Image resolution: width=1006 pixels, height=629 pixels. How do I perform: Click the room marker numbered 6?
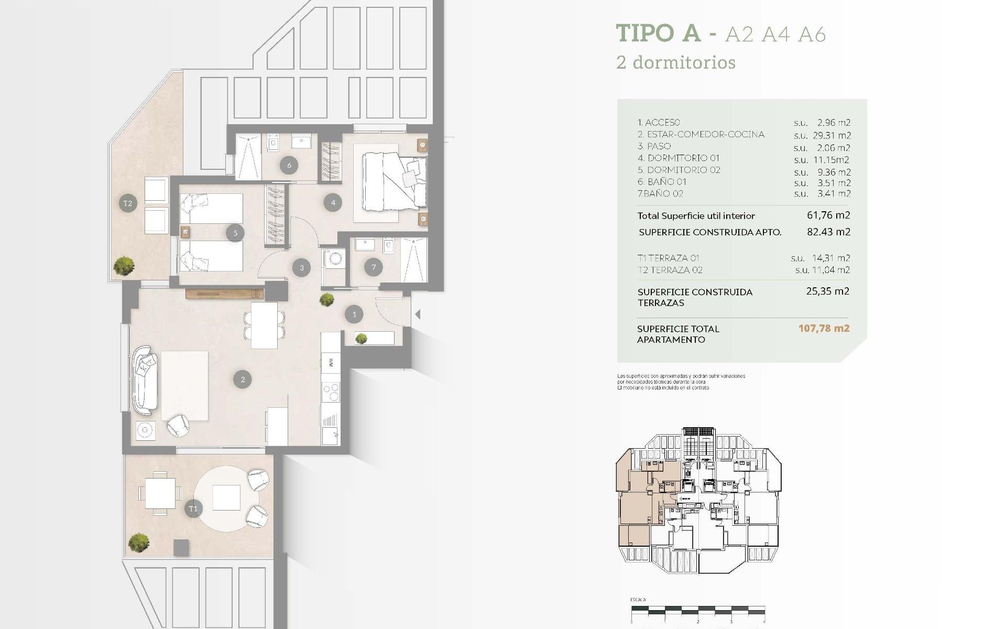coord(289,165)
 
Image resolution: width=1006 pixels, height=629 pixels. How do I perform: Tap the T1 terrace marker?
coord(193,508)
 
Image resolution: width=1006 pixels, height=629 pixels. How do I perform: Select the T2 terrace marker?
coord(128,203)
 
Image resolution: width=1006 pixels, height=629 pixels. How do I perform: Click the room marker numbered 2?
coord(243,379)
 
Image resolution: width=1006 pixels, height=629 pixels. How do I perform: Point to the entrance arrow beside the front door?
coord(418,314)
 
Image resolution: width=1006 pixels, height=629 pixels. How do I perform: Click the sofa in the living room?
coord(145,380)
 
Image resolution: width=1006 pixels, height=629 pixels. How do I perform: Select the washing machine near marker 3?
coord(334,258)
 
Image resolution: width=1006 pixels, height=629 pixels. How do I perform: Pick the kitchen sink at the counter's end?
coord(331,435)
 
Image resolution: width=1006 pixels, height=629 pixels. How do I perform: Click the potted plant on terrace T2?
coord(124,265)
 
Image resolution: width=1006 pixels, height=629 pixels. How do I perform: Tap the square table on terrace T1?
coord(160,493)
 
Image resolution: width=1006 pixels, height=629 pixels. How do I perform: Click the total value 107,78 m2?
coord(824,329)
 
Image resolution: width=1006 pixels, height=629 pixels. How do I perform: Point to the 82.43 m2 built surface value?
coord(828,232)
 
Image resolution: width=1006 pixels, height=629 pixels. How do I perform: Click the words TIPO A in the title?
coord(658,33)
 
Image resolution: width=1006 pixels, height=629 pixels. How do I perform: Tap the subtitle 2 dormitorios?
coord(676,62)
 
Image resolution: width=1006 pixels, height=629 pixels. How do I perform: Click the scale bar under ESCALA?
coord(697,610)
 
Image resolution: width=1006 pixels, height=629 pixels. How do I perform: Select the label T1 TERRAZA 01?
coord(668,258)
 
